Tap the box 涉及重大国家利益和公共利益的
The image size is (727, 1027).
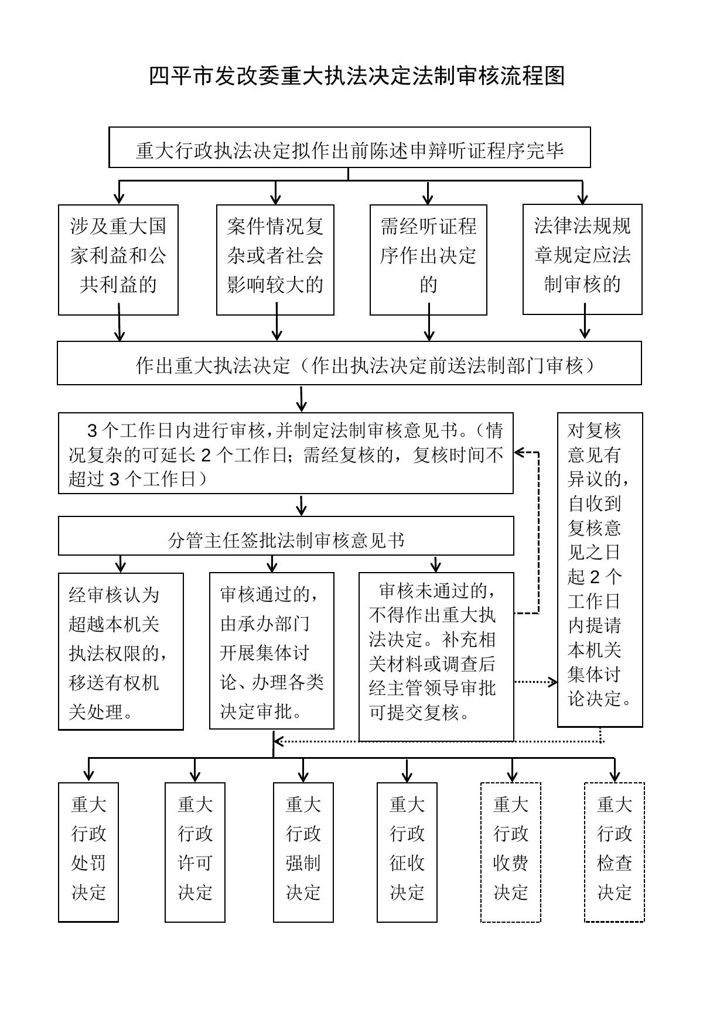(x=118, y=259)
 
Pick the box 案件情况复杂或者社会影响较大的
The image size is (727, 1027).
(x=275, y=259)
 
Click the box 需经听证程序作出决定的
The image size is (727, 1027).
(x=428, y=259)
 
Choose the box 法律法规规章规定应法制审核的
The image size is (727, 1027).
(x=582, y=259)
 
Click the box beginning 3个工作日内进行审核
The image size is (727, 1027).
(x=285, y=453)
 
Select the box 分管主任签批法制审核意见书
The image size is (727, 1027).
(x=286, y=536)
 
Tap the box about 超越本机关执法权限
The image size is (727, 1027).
(x=121, y=651)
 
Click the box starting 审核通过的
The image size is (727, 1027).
(x=272, y=651)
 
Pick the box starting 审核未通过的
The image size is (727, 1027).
(x=436, y=656)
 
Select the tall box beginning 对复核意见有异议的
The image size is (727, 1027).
(x=600, y=569)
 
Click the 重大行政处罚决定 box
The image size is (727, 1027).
(x=88, y=852)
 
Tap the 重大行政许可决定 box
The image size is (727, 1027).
(x=195, y=852)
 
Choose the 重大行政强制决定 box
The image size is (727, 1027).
(x=303, y=852)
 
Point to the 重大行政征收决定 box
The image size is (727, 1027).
(x=407, y=852)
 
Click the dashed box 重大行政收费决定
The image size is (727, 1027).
(x=511, y=852)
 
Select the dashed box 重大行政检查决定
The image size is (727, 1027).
(x=615, y=852)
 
